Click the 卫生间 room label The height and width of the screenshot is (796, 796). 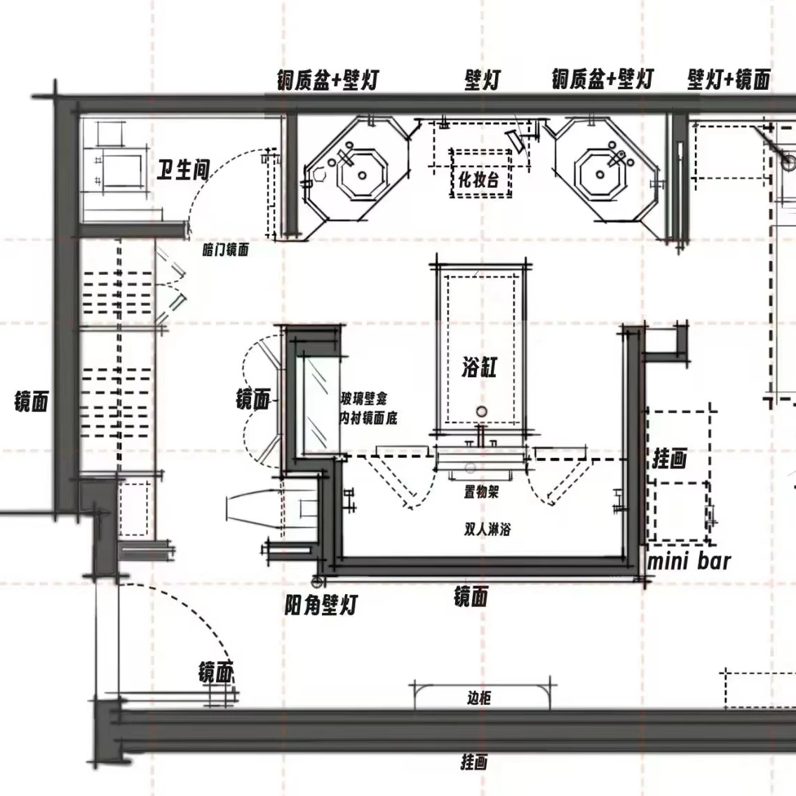click(182, 169)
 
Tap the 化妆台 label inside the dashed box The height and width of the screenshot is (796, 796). click(479, 180)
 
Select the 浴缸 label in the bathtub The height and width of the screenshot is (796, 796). click(479, 366)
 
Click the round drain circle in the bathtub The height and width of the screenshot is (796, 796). click(481, 412)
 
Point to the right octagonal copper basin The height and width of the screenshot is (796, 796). click(602, 172)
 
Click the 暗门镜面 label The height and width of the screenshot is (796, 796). click(225, 250)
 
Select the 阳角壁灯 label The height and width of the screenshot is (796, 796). click(321, 604)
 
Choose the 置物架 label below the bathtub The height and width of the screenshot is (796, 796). click(480, 492)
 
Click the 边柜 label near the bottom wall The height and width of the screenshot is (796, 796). click(479, 697)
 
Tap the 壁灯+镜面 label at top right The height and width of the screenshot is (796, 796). click(729, 79)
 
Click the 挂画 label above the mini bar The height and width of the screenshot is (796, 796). click(669, 459)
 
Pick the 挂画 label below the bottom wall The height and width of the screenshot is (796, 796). click(473, 762)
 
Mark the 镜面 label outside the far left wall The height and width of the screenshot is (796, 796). click(31, 402)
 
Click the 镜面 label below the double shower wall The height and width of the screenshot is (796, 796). click(470, 597)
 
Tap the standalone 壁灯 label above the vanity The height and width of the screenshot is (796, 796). click(483, 79)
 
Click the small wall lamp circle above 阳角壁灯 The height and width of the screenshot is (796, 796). click(316, 581)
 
